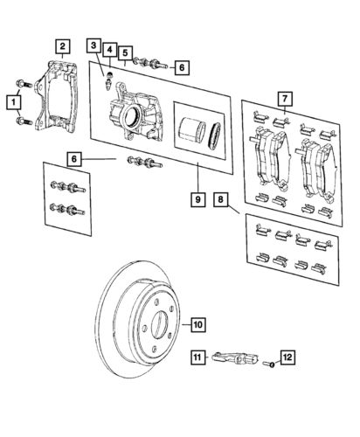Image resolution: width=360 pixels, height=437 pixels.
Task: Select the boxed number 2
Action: [62, 45]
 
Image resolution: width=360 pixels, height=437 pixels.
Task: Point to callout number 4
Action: [108, 50]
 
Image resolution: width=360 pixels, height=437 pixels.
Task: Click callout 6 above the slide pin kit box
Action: [76, 158]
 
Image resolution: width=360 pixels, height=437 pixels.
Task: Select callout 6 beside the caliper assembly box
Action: [180, 65]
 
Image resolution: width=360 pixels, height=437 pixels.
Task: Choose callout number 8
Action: [223, 201]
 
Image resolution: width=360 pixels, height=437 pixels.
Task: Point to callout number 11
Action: [198, 356]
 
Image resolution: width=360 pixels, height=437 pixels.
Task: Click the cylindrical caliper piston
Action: [189, 132]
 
